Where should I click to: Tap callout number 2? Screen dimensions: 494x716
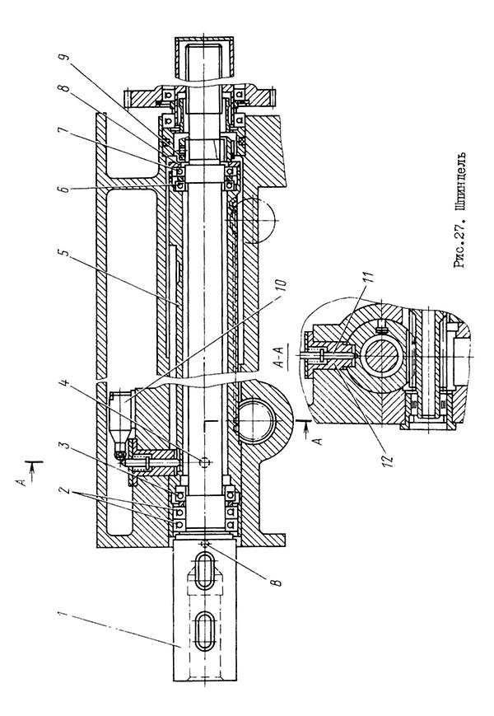(x=65, y=490)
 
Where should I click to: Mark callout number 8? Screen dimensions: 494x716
(x=64, y=88)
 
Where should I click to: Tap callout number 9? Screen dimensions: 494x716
(x=64, y=58)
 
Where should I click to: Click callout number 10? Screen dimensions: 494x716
(x=282, y=286)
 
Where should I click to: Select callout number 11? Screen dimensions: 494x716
(x=369, y=278)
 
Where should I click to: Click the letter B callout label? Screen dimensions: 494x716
(x=277, y=582)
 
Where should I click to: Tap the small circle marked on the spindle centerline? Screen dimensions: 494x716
(x=204, y=462)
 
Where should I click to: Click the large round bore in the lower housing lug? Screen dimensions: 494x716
(x=256, y=420)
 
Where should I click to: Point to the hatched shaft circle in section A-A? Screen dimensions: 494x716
(x=383, y=357)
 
